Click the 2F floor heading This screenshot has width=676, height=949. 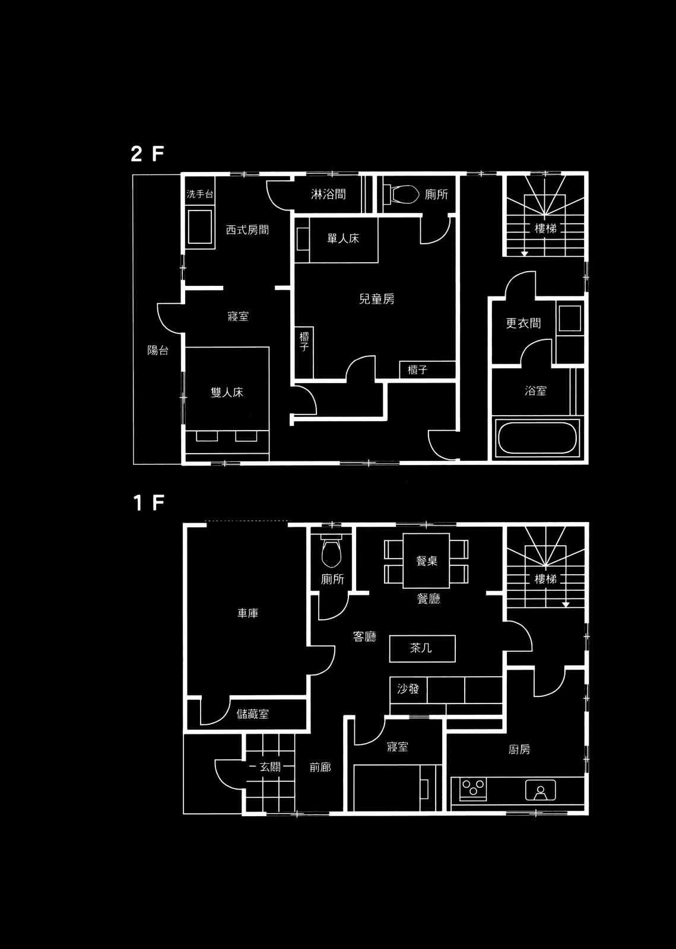click(x=147, y=154)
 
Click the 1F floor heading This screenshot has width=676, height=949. click(x=148, y=503)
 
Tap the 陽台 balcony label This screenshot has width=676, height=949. click(x=158, y=351)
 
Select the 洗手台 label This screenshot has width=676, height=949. click(x=199, y=194)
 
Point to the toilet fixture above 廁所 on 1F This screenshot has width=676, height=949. click(x=331, y=550)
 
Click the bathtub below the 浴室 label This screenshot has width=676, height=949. click(x=537, y=438)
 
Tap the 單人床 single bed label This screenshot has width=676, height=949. click(x=343, y=238)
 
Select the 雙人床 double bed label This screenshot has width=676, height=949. click(x=227, y=392)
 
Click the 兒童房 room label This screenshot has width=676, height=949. click(x=376, y=299)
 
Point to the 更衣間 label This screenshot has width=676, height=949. click(x=523, y=323)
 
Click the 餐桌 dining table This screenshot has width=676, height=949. click(x=426, y=561)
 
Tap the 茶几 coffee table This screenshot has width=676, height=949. click(x=423, y=648)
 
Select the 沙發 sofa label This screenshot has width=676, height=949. click(x=408, y=689)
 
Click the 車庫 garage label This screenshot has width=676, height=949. click(x=247, y=613)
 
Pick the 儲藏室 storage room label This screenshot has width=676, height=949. click(x=253, y=714)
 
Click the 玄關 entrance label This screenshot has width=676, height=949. click(x=270, y=767)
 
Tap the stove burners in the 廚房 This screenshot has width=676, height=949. click(x=473, y=788)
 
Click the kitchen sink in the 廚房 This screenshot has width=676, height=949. click(x=540, y=789)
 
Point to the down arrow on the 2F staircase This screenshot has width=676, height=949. click(x=525, y=254)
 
